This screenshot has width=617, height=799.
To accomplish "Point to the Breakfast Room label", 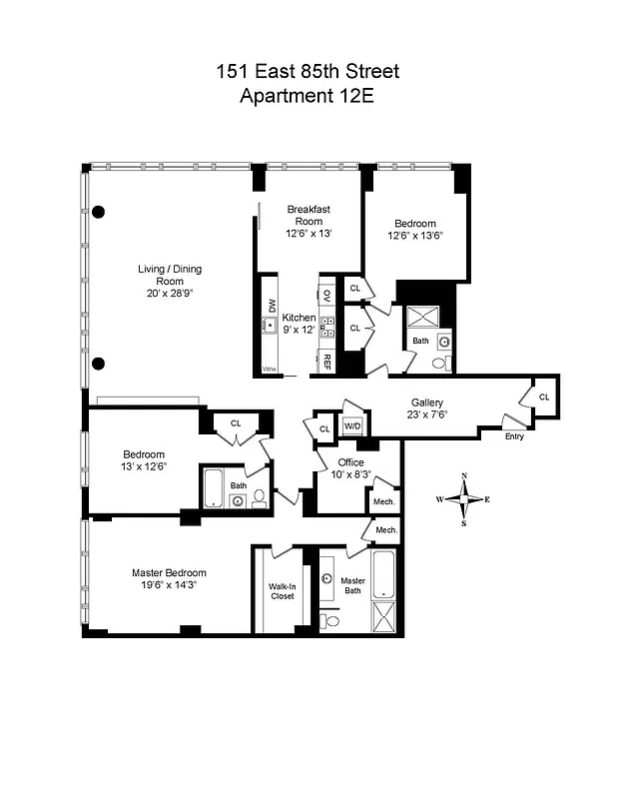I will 308,215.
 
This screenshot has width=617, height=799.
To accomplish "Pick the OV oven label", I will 326,297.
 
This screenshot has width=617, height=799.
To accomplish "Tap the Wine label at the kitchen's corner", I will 269,370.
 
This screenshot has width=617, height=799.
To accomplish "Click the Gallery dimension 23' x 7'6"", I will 427,416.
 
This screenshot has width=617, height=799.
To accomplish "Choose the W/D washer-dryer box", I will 352,426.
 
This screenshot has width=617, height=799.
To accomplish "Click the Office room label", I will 350,462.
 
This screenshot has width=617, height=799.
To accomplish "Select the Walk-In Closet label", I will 282,591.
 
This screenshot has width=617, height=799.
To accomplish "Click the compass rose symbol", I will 464,498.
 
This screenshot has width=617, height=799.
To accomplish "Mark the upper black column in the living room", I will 98,212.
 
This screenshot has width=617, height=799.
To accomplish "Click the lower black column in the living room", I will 98,362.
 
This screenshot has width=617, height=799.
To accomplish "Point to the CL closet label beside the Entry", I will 543,397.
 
